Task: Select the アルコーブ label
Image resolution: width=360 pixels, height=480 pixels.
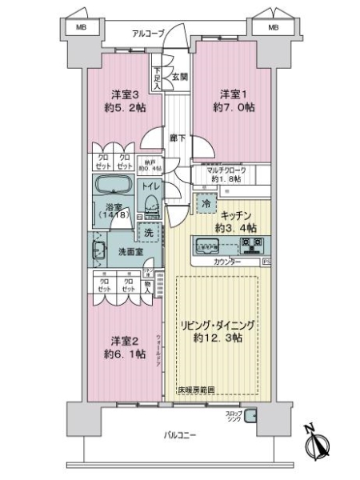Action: click(x=150, y=33)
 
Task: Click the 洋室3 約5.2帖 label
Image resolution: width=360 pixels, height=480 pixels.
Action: click(x=118, y=100)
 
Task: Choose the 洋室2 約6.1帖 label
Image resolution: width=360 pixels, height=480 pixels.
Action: click(x=121, y=346)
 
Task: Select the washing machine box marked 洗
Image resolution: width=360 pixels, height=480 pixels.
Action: click(x=148, y=233)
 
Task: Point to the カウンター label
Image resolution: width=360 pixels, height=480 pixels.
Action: click(x=229, y=262)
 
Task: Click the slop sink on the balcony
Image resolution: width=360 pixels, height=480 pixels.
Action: click(x=250, y=415)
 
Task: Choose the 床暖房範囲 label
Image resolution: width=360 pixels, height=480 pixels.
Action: click(x=195, y=390)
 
